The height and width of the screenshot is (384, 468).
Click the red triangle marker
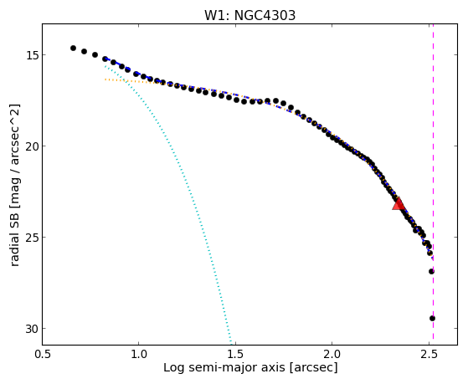pos(399,204)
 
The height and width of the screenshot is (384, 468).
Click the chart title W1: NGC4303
pos(249,16)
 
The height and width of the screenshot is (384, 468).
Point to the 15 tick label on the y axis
pos(32,55)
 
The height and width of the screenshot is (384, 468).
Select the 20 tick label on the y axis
pos(32,146)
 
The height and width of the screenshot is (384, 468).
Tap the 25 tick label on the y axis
pos(32,238)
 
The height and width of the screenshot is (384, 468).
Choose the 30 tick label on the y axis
pos(32,329)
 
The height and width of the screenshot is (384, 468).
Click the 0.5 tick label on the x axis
pos(43,354)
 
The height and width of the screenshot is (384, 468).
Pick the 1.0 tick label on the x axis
pos(139,354)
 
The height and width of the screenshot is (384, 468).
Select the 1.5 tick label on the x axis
pos(235,354)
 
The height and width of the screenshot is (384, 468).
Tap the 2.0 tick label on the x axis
pos(332,354)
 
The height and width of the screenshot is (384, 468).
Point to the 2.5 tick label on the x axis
pos(429,354)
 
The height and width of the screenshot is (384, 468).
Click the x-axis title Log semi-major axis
pos(224,368)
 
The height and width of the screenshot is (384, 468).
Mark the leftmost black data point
pos(73,48)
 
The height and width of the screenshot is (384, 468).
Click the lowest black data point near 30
pos(432,319)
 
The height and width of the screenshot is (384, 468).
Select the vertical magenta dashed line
pos(433,184)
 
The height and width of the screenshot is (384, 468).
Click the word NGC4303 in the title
pos(265,16)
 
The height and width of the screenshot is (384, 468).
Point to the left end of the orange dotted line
pos(105,79)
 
